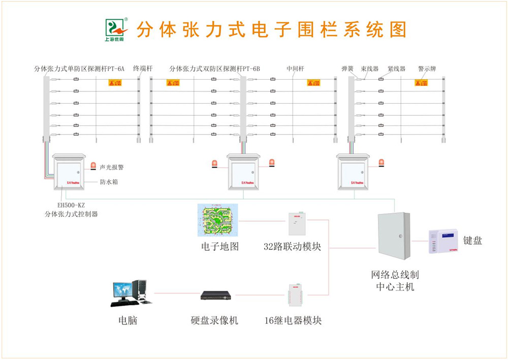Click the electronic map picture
click(x=217, y=220)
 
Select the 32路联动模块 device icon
click(x=297, y=223)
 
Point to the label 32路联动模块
click(x=292, y=247)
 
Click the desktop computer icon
click(x=131, y=293)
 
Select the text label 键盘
click(x=473, y=241)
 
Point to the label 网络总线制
click(x=395, y=275)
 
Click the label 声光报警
click(x=112, y=167)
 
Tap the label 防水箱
click(x=109, y=181)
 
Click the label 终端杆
click(x=143, y=68)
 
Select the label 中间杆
click(x=295, y=69)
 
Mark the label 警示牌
click(x=427, y=69)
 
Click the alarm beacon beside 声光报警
click(x=93, y=166)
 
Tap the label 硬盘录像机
click(x=214, y=320)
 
